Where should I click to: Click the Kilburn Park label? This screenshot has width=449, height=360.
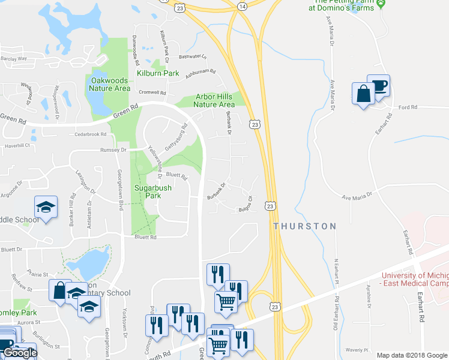tap(158, 73)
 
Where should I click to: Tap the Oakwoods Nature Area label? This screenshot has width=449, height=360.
tap(109, 84)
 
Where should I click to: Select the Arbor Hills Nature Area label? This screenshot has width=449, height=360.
tap(214, 100)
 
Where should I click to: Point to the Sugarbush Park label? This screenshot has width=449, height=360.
tap(152, 191)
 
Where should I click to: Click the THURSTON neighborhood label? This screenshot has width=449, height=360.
tap(304, 226)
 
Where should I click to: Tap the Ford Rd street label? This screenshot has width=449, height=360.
tap(408, 107)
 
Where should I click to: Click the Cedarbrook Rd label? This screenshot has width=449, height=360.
tap(90, 134)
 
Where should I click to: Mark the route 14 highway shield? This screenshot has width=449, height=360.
tap(241, 5)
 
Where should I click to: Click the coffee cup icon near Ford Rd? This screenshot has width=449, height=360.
tap(379, 86)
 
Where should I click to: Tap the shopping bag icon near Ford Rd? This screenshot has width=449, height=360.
tap(363, 94)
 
